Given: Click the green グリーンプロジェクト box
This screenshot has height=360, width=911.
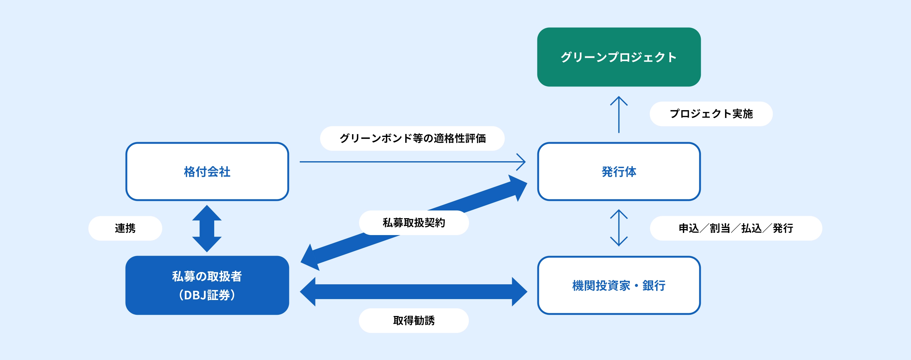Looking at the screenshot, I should [x=619, y=57].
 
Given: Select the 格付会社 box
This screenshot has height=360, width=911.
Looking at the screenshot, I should [x=207, y=171].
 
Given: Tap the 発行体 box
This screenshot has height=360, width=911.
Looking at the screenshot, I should [x=619, y=171].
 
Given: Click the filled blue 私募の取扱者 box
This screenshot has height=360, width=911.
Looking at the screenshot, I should [x=207, y=285].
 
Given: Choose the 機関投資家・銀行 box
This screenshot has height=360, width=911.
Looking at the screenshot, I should [x=619, y=285].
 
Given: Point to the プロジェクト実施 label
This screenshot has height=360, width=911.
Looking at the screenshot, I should [x=711, y=114].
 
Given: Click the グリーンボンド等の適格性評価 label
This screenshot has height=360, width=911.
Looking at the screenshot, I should [x=412, y=138].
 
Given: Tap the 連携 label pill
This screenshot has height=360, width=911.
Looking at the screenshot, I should [x=125, y=228].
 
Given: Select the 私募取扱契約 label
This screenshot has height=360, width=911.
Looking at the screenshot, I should [x=414, y=222].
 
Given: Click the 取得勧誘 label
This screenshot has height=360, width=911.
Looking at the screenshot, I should [x=414, y=320].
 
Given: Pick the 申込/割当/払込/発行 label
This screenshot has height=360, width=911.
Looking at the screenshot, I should [x=736, y=228].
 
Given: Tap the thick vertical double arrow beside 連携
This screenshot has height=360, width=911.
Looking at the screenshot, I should [x=207, y=228].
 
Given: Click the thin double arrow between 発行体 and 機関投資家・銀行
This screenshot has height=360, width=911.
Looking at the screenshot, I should [x=619, y=228].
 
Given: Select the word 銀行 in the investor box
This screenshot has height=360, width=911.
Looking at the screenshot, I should [x=653, y=285].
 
